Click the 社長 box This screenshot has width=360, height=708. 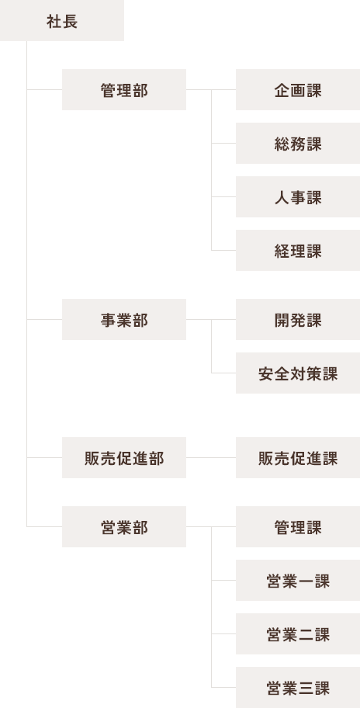[62, 21]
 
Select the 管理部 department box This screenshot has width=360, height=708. [124, 89]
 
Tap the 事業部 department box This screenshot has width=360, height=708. [124, 319]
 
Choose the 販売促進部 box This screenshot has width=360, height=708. [124, 457]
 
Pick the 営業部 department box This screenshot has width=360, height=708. [124, 526]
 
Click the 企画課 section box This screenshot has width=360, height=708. [298, 89]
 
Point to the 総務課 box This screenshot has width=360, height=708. [298, 143]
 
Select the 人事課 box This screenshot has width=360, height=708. [298, 197]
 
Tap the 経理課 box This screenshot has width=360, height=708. [298, 250]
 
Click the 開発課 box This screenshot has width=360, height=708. [298, 319]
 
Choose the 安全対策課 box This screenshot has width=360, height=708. [298, 373]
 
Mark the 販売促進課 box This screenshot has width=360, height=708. [298, 457]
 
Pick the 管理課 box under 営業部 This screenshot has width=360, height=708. [298, 526]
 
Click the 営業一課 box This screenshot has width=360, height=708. [298, 580]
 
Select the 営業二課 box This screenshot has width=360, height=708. [298, 633]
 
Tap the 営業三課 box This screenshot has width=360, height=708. [298, 687]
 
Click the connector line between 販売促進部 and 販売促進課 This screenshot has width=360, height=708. [211, 457]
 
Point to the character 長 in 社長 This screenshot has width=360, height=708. [70, 22]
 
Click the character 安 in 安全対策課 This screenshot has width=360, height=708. [266, 374]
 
